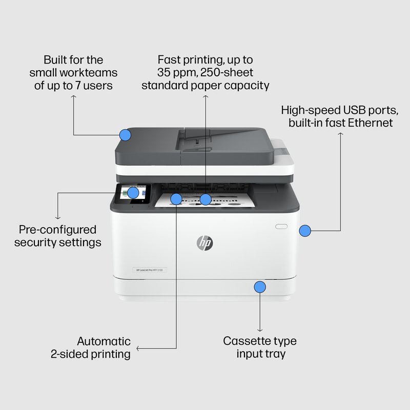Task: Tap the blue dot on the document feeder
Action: [125, 135]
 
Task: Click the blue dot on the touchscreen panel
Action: [133, 193]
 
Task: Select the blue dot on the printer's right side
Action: [305, 231]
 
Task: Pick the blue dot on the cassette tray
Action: [260, 286]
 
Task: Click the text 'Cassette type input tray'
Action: [260, 347]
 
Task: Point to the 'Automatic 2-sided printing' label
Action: [97, 347]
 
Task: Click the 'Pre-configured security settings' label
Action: [57, 236]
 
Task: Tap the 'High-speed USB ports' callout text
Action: [339, 110]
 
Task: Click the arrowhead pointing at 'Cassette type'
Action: [260, 329]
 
